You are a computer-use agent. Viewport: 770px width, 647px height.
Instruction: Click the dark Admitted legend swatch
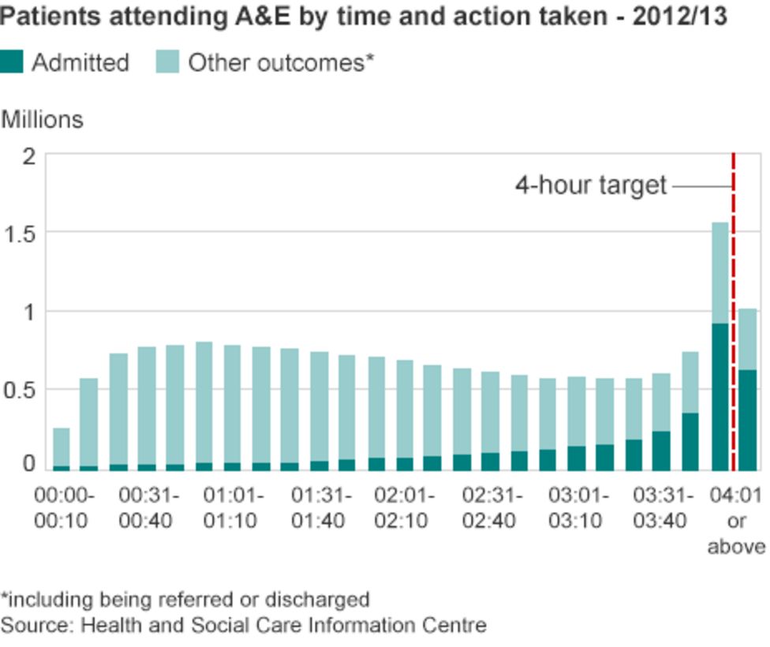12,62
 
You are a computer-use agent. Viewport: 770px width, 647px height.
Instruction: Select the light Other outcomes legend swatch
168,62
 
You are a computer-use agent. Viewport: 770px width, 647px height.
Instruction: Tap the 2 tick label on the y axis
30,156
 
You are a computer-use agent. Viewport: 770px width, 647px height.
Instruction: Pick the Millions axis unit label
42,119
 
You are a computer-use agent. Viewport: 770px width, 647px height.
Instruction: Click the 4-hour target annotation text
591,186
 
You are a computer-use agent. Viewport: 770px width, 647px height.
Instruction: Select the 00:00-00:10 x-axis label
63,509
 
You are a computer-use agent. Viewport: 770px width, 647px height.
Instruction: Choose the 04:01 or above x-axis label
736,521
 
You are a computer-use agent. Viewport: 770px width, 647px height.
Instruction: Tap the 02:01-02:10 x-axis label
404,509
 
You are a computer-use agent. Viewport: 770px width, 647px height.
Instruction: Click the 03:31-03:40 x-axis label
663,509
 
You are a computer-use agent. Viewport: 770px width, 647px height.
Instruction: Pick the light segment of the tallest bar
720,272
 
